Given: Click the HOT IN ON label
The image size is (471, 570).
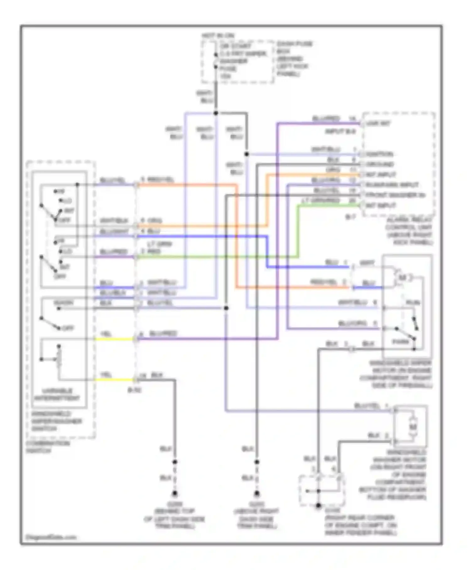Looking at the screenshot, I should click(218, 36).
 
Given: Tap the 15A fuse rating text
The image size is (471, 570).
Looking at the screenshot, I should click(225, 76).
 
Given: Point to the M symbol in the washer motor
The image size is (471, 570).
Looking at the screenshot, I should click(413, 427).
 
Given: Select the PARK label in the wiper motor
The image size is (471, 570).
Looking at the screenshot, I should click(400, 342).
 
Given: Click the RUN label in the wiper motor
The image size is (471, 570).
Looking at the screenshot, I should click(413, 303).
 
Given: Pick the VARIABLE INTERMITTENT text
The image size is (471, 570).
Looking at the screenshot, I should click(57, 395).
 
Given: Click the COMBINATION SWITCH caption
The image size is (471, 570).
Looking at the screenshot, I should click(48, 447).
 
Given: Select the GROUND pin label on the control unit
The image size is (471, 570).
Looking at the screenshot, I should click(380, 164).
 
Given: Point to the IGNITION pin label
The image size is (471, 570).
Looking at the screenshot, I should click(379, 154).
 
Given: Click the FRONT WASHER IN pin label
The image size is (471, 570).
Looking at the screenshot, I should click(395, 195).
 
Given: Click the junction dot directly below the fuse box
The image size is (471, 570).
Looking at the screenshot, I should click(216, 113).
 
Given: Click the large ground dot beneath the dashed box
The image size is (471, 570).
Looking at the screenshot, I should click(318, 506).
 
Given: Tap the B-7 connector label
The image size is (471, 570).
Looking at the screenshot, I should click(350, 217).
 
